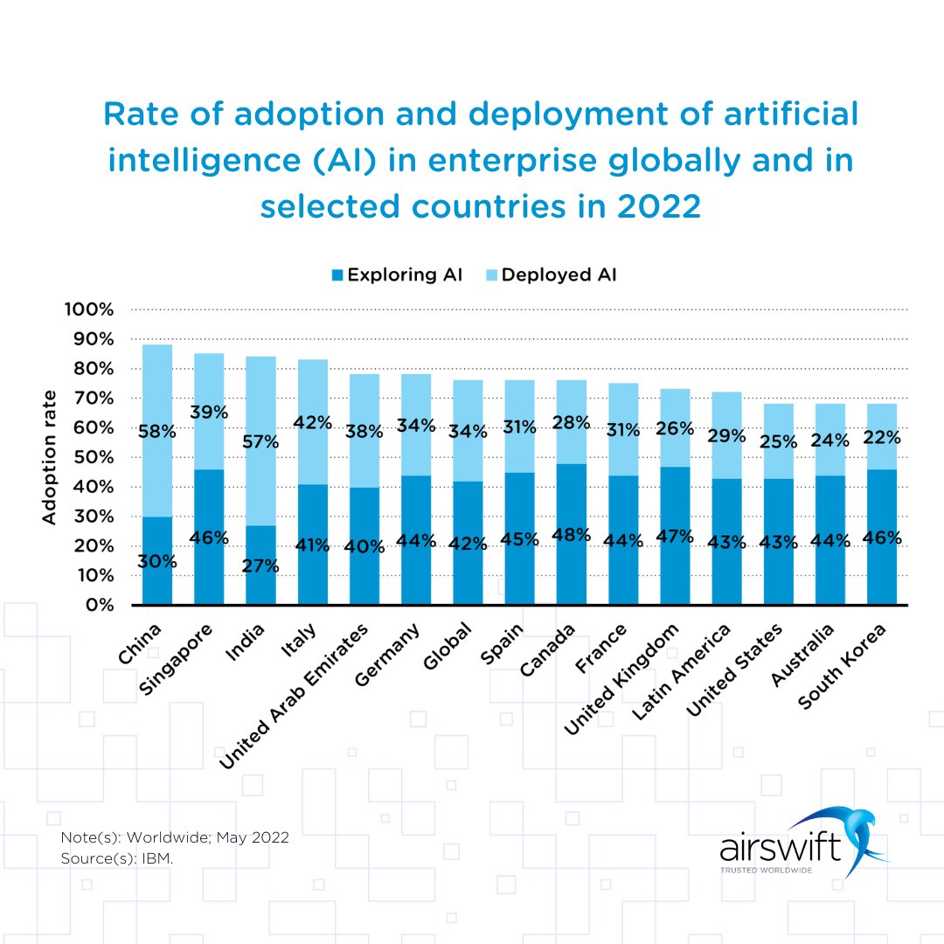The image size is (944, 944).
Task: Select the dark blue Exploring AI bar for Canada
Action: pyautogui.click(x=572, y=568)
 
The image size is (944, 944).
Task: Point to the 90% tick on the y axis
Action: pyautogui.click(x=89, y=339)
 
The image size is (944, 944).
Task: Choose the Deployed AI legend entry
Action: pyautogui.click(x=551, y=274)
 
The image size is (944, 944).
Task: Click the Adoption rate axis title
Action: pyautogui.click(x=50, y=457)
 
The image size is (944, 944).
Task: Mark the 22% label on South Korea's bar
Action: pyautogui.click(x=882, y=437)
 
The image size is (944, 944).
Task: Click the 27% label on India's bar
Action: pyautogui.click(x=260, y=566)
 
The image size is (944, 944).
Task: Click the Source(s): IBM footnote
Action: pyautogui.click(x=117, y=859)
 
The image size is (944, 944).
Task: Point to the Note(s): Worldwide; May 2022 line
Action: pyautogui.click(x=175, y=837)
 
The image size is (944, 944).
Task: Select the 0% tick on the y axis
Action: pyautogui.click(x=96, y=605)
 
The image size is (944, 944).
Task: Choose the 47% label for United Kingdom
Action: pyautogui.click(x=675, y=535)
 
